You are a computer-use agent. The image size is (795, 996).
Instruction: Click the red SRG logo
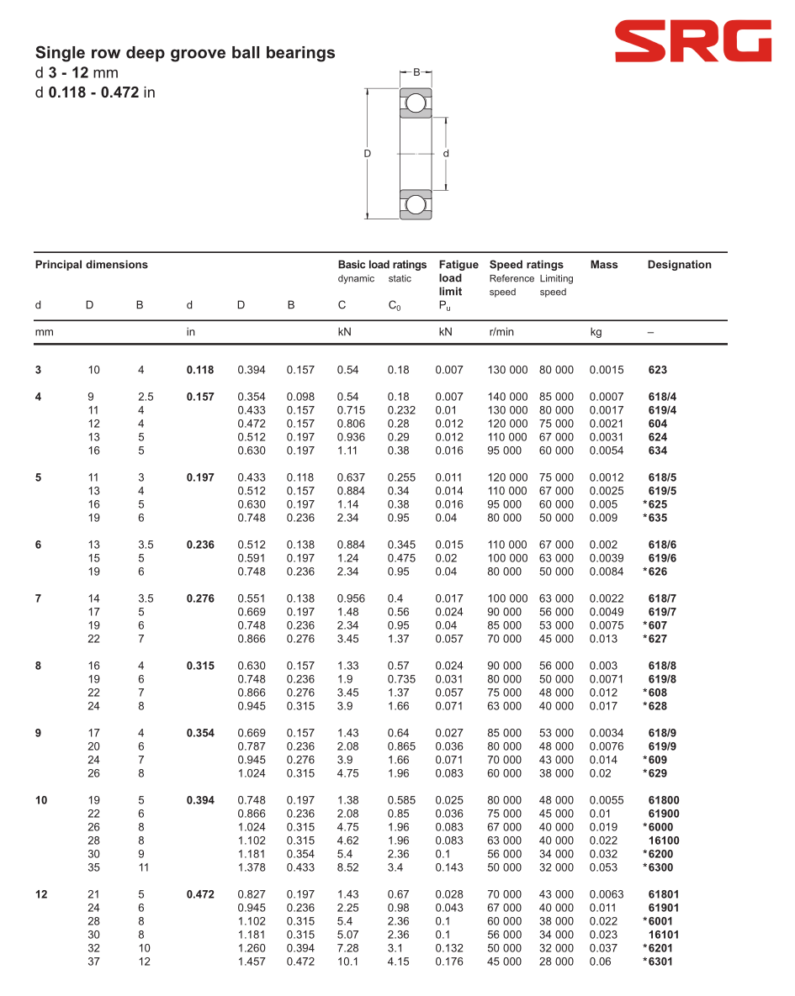point(692,42)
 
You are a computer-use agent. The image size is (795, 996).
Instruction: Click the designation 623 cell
point(658,370)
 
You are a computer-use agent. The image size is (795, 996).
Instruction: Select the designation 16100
point(664,841)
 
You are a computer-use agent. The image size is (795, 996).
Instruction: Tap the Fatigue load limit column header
point(458,277)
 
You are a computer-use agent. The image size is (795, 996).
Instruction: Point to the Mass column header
point(604,265)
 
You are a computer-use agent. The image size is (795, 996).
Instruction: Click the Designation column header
point(679,265)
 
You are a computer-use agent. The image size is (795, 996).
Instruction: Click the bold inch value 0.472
point(200,894)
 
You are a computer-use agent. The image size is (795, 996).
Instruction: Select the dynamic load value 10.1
point(347,962)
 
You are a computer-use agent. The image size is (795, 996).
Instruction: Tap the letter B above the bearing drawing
point(416,73)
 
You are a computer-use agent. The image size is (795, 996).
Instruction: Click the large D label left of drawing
point(368,154)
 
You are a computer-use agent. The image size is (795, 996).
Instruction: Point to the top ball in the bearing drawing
point(415,103)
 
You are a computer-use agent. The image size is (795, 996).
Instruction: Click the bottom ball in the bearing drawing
point(415,203)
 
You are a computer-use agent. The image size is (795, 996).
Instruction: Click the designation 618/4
point(662,397)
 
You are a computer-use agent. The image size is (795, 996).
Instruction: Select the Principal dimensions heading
point(91,265)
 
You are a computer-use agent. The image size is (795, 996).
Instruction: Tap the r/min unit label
point(501,332)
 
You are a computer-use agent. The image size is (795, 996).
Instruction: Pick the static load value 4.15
point(398,962)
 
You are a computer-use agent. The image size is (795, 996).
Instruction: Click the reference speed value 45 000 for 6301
point(504,962)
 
